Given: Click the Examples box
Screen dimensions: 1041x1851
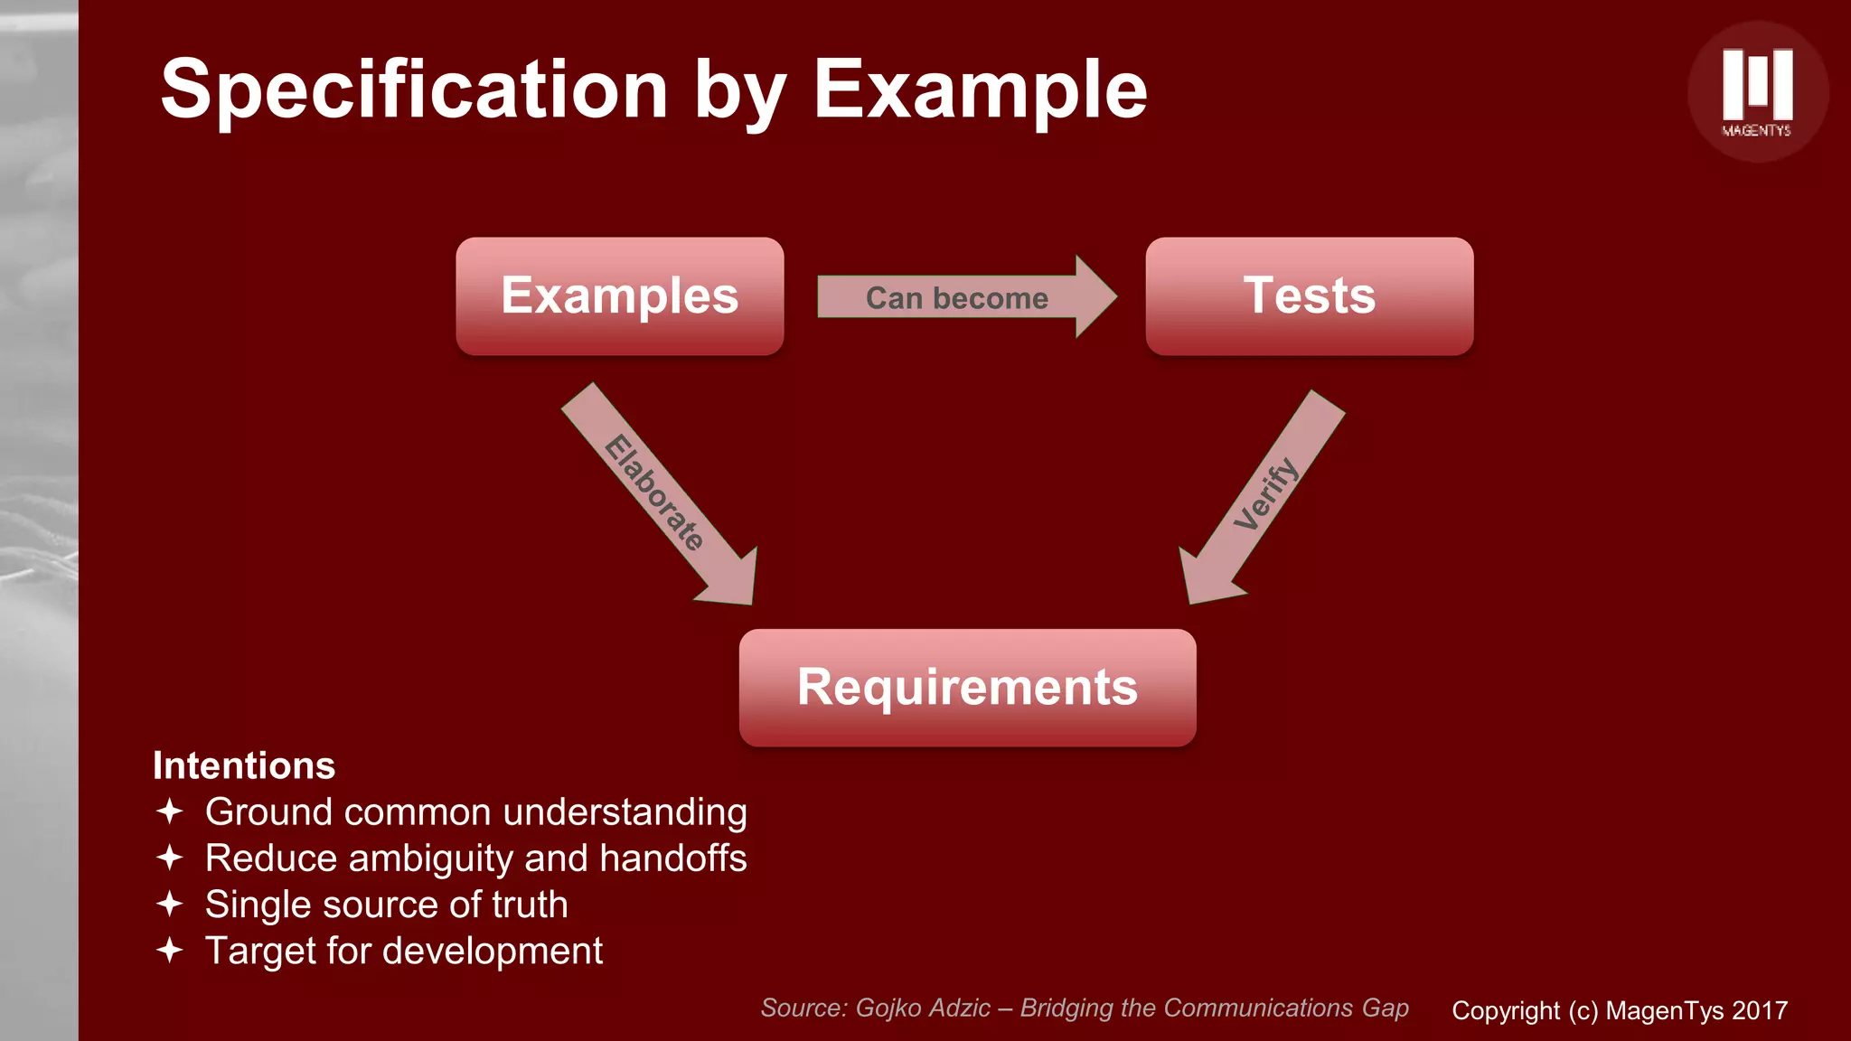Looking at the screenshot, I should point(619,296).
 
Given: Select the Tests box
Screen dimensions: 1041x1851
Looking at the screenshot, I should point(1309,296).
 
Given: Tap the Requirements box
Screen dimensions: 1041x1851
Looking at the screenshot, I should point(967,688).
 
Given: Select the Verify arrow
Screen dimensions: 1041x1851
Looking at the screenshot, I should point(1264,496).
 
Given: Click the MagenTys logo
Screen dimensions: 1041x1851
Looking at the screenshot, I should point(1757,91).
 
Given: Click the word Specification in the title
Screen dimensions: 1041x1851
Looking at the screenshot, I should point(414,90).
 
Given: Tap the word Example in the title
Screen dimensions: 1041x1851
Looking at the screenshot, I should point(980,90).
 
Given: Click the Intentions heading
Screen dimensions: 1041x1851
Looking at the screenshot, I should point(244,765).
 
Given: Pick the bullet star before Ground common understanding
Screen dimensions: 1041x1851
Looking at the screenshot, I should point(170,811).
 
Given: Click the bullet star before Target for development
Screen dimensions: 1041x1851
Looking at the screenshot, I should point(170,951).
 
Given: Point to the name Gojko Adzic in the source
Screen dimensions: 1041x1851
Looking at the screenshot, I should point(922,1008).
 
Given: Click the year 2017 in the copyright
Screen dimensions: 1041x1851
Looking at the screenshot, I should point(1760,1010).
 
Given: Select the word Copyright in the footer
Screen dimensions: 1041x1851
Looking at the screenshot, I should point(1506,1010).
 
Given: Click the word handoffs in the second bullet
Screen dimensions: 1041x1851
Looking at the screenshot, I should point(673,858).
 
